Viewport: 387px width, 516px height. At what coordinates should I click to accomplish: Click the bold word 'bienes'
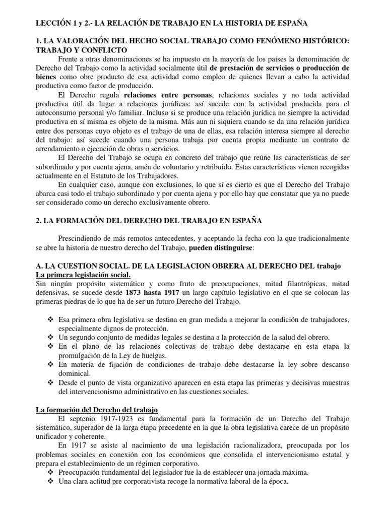tap(46, 76)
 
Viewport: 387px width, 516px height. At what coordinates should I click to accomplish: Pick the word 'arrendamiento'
tap(57, 154)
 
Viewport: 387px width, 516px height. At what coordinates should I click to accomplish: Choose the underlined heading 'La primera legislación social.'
tap(83, 274)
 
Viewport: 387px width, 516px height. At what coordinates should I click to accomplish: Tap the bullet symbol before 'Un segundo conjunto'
tap(49, 337)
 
